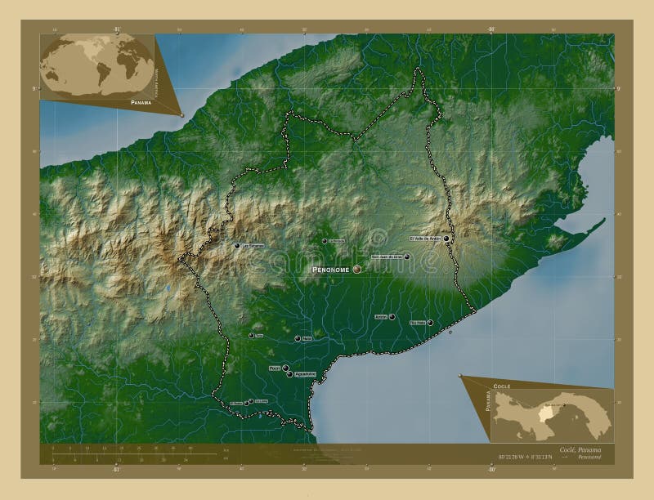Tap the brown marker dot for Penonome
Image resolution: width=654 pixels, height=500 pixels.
(357, 269)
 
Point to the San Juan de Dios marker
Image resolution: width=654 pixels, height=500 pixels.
(406, 257)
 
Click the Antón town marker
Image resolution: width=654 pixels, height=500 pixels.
(392, 317)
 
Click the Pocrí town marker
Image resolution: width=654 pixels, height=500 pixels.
(285, 368)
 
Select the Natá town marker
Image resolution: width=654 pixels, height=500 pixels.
(298, 338)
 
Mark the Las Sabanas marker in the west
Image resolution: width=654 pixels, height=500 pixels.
(236, 245)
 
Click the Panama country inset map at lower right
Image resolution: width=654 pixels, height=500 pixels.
(552, 413)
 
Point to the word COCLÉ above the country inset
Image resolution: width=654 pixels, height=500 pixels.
(501, 384)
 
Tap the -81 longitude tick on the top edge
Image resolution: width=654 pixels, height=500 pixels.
(117, 27)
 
